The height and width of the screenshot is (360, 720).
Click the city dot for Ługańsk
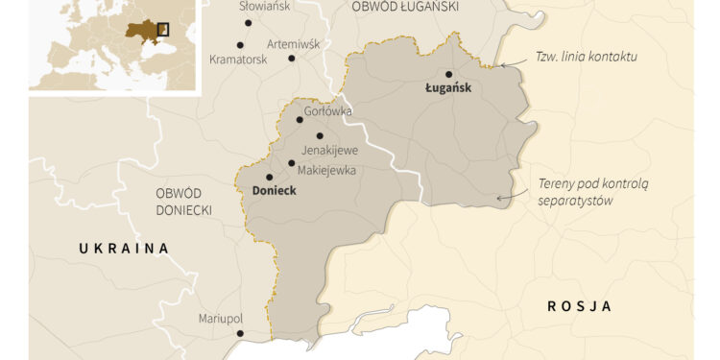449,74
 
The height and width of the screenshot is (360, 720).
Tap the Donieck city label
274,191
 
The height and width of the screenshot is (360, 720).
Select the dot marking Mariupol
240,334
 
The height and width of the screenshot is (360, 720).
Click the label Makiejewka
327,170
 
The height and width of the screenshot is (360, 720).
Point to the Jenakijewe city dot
320,135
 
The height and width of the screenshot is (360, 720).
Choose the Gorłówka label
327,111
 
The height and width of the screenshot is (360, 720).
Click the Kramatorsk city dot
240,44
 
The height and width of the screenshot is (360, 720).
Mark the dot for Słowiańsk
248,22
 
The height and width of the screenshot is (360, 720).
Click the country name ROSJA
579,306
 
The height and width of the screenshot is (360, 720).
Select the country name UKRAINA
124,249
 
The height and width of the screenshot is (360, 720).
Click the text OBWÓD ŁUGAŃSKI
404,7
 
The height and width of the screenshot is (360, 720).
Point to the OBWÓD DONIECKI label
183,201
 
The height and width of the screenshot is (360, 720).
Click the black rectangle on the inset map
162,30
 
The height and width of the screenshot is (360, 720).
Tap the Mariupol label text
221,318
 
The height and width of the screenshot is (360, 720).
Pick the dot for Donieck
269,177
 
